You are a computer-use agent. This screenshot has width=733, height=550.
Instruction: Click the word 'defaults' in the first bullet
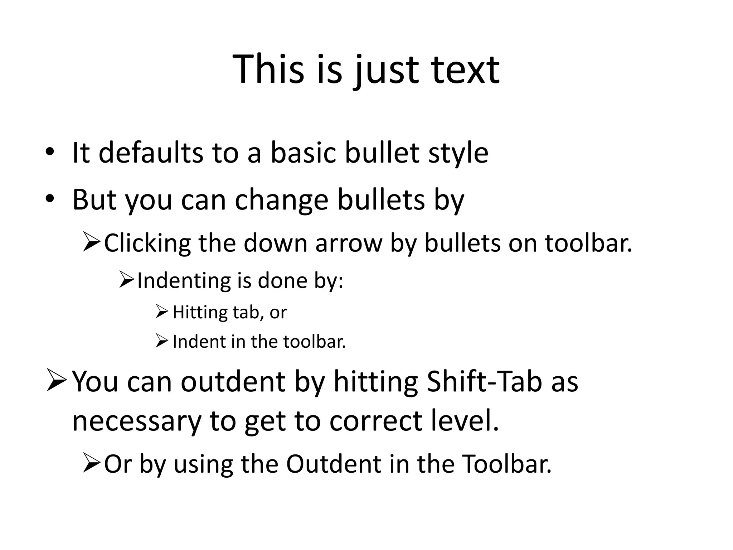(x=150, y=153)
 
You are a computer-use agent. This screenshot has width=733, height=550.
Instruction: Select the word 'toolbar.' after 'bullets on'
(x=589, y=243)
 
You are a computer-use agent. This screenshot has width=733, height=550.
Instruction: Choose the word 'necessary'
(x=136, y=421)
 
